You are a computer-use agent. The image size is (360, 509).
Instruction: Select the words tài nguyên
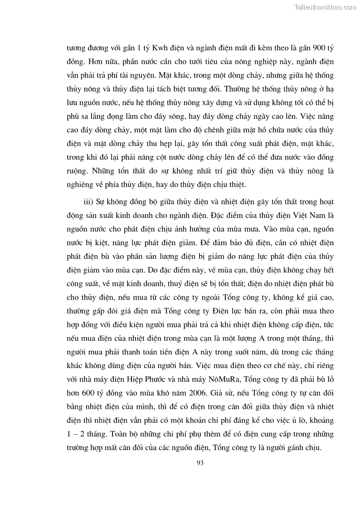coord(147,75)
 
